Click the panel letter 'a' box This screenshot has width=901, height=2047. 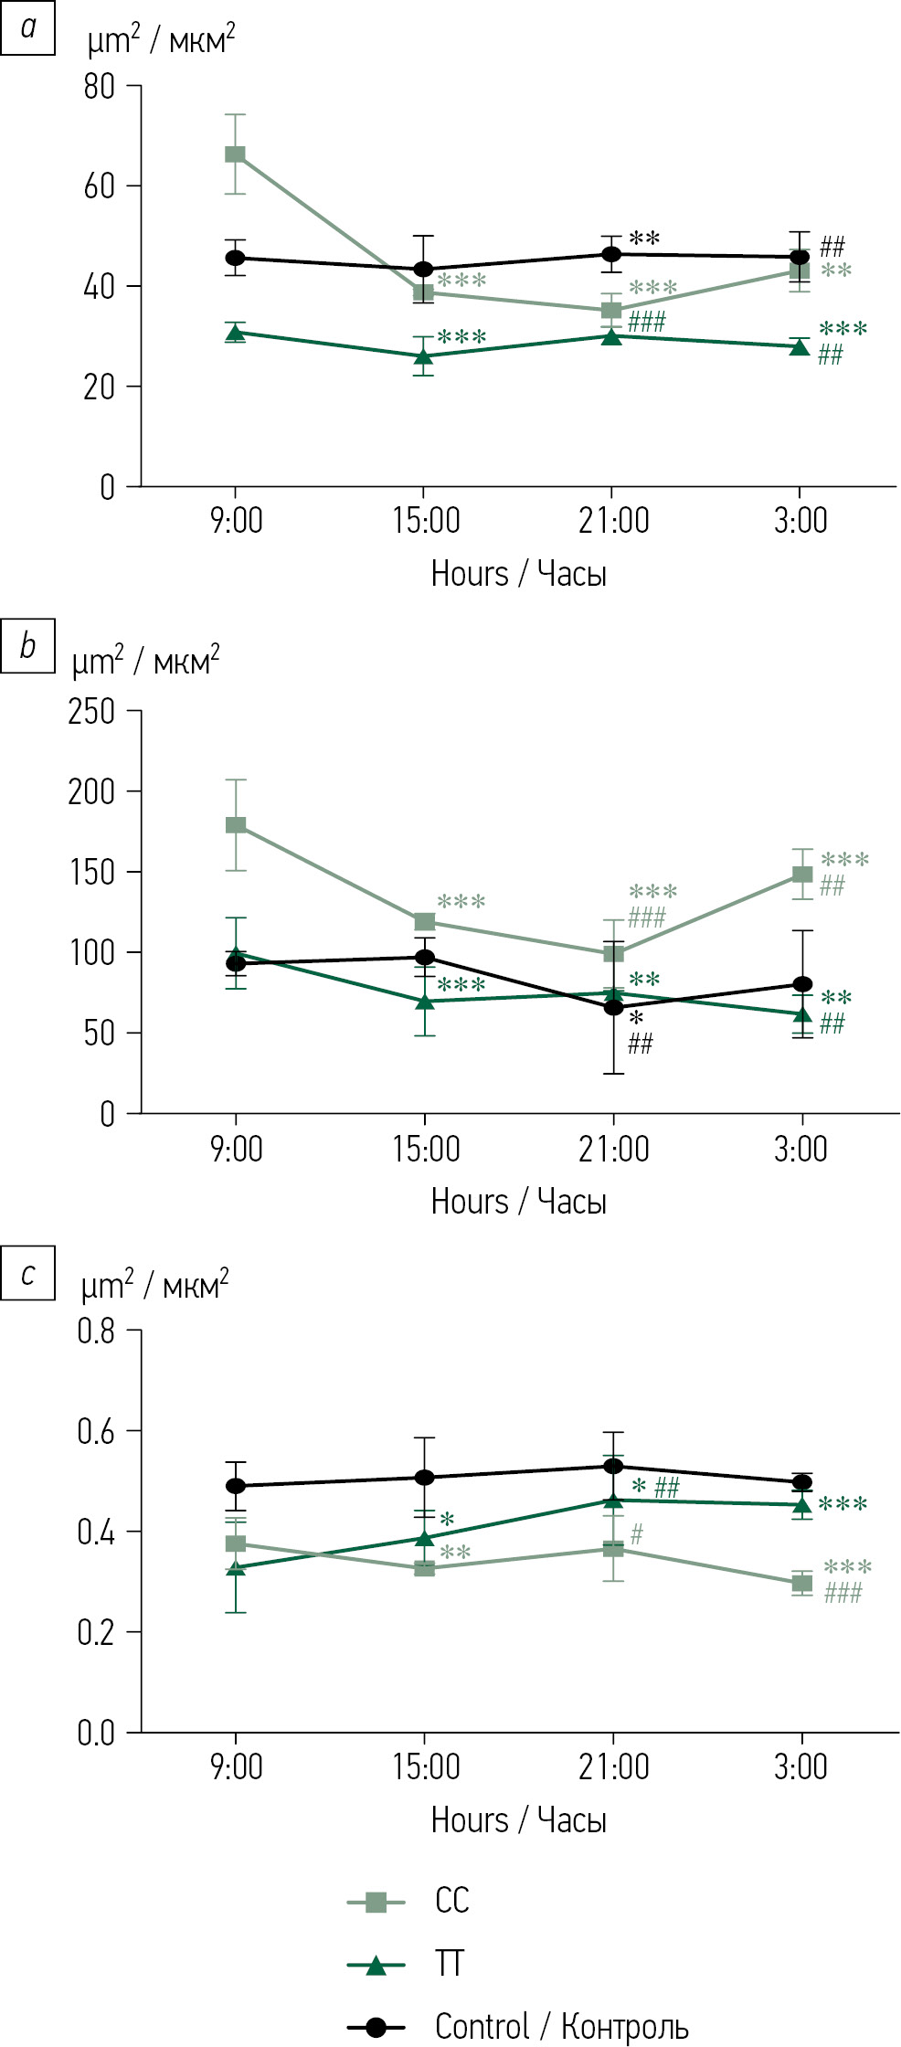[x=28, y=27]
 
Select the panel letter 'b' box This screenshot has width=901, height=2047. [x=28, y=646]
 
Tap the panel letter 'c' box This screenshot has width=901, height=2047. [x=28, y=1273]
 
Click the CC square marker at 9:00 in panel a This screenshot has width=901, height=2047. [x=236, y=154]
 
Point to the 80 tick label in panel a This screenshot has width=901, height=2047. [x=99, y=87]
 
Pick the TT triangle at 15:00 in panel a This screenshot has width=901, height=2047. [x=424, y=356]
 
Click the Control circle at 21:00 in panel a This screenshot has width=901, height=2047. [x=611, y=254]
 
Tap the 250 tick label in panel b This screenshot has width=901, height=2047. [x=91, y=711]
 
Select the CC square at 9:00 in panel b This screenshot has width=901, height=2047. [x=236, y=825]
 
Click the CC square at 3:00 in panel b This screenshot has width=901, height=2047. [x=802, y=875]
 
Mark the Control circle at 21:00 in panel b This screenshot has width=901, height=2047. [x=613, y=1007]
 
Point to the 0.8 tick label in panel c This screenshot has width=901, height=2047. [x=96, y=1331]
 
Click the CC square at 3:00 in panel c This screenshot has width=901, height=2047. [x=802, y=1584]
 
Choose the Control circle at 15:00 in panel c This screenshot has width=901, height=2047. [x=425, y=1478]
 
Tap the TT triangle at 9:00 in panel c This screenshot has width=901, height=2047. [x=236, y=1568]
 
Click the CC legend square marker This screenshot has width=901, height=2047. [x=375, y=1903]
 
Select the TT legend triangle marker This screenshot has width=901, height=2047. [x=375, y=1966]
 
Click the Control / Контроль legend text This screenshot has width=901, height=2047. [x=561, y=2026]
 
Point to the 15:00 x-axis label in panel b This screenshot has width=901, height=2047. [x=426, y=1149]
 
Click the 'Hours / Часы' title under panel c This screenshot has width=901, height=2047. [x=518, y=1820]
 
